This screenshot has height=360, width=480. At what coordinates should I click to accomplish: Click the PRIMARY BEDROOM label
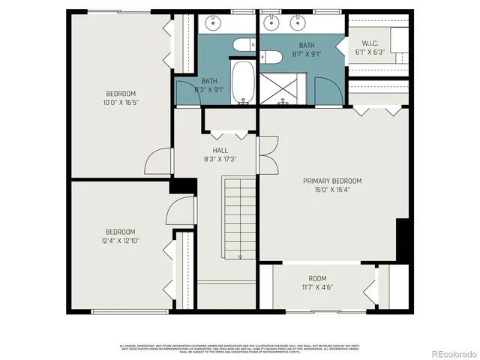point(332,181)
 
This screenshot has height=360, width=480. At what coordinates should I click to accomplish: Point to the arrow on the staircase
point(240,255)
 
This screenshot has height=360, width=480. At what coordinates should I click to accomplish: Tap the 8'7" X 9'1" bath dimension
point(307,55)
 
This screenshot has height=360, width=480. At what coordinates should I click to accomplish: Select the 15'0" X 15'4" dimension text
point(332,190)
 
